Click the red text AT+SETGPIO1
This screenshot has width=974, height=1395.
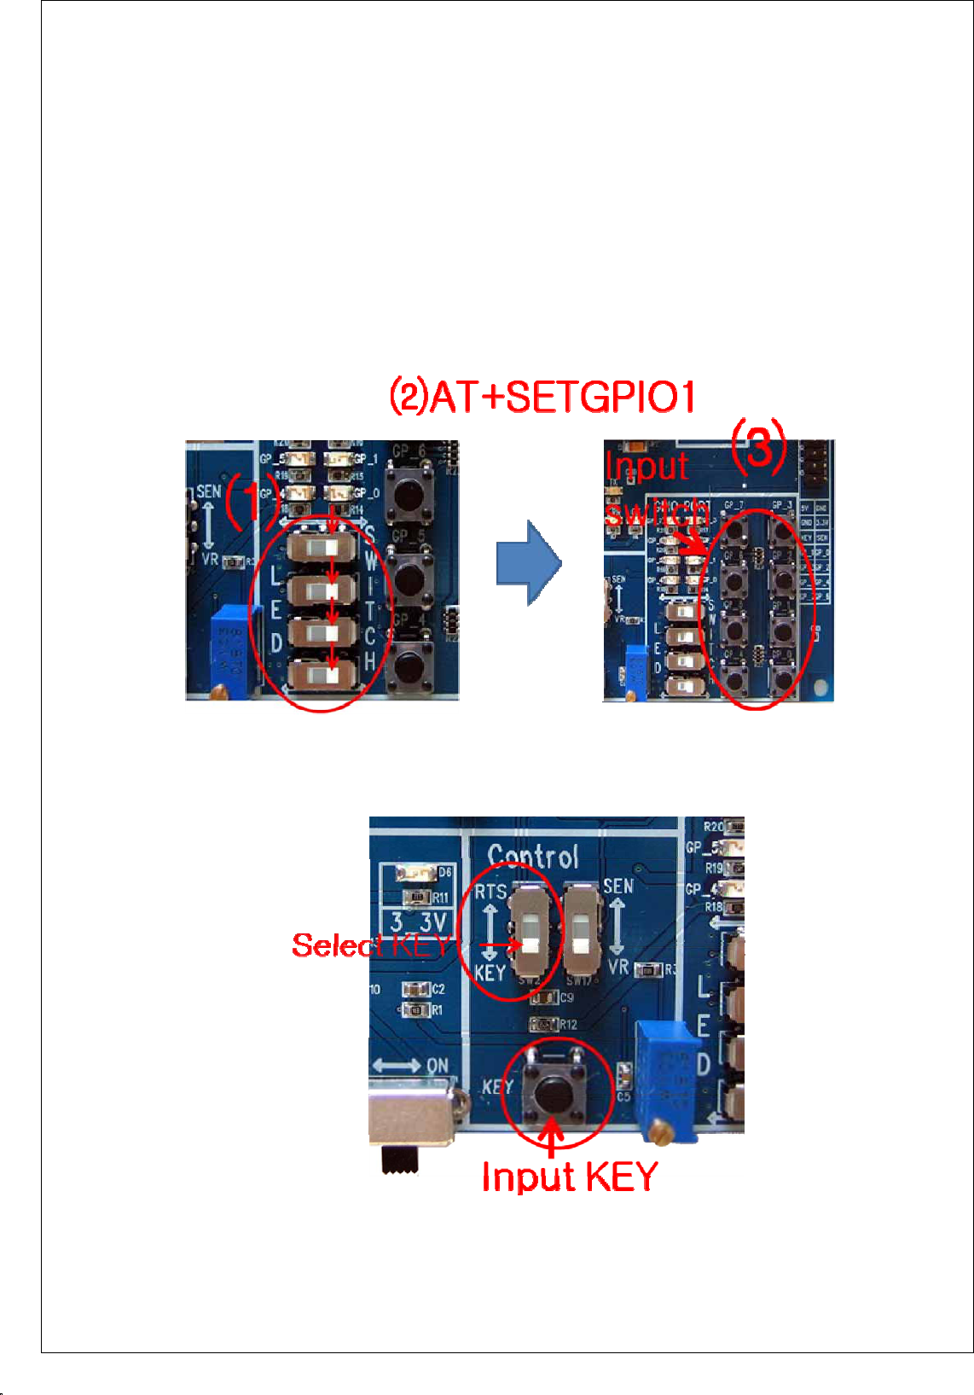point(563,398)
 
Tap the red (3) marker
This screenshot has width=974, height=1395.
point(758,445)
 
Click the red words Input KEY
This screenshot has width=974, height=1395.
point(569,1177)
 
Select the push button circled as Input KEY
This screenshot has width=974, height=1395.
point(555,1095)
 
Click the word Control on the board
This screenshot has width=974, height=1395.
point(533,856)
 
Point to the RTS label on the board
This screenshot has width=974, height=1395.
point(490,892)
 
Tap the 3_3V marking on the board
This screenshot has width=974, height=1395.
point(419,922)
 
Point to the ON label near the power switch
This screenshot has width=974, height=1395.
point(437,1066)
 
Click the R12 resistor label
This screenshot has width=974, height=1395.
point(568,1025)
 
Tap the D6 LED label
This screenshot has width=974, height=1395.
point(444,873)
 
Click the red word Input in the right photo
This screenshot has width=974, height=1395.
point(646,467)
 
